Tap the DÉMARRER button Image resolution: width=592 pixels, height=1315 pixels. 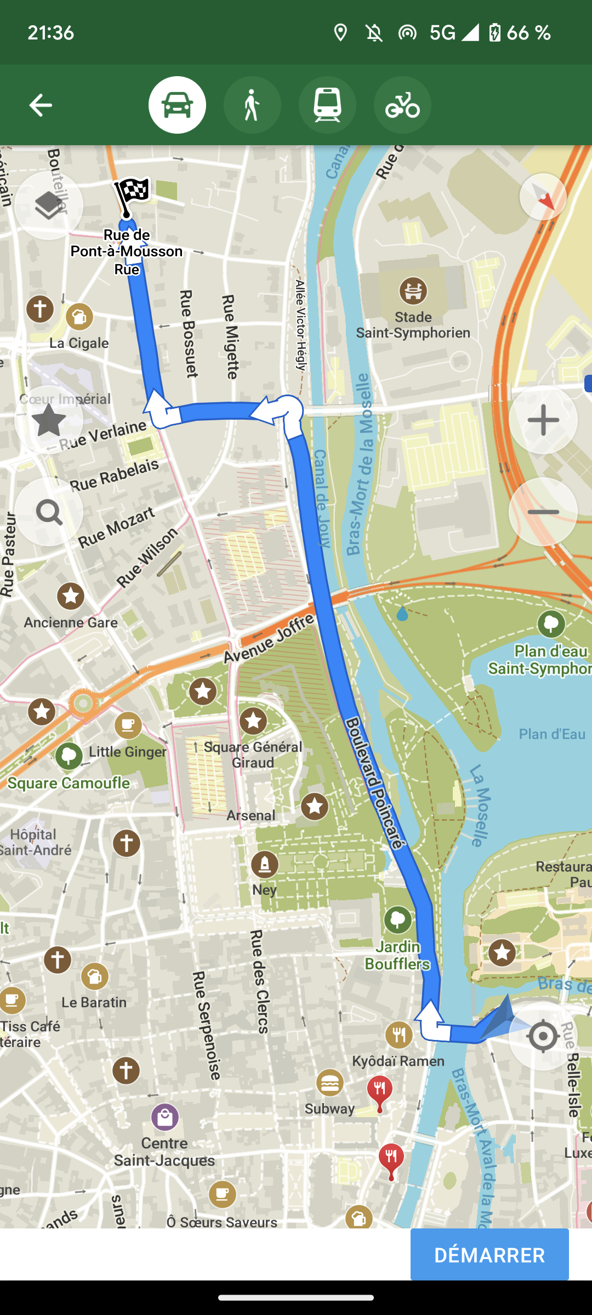click(x=489, y=1254)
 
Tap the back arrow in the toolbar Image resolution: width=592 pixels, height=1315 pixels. click(x=41, y=105)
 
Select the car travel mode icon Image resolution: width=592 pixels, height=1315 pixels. click(x=177, y=105)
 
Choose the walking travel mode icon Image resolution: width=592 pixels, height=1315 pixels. click(x=252, y=105)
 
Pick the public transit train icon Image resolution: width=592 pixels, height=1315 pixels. click(x=327, y=105)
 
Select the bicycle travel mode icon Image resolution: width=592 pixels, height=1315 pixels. click(x=402, y=105)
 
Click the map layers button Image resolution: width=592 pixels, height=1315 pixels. click(x=49, y=205)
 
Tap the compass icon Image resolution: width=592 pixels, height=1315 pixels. click(x=543, y=197)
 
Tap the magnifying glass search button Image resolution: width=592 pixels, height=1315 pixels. click(x=49, y=512)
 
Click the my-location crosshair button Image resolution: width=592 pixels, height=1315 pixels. click(x=543, y=1036)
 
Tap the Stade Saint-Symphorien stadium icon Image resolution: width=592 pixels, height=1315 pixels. click(x=413, y=291)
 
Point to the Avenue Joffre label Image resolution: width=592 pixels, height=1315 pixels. click(x=270, y=638)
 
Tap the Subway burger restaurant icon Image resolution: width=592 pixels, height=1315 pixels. click(x=330, y=1083)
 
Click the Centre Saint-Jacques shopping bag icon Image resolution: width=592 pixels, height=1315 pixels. click(x=165, y=1117)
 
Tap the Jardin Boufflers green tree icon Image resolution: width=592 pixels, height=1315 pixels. click(x=398, y=919)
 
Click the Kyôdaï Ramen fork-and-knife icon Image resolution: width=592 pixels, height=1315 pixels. click(x=399, y=1034)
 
